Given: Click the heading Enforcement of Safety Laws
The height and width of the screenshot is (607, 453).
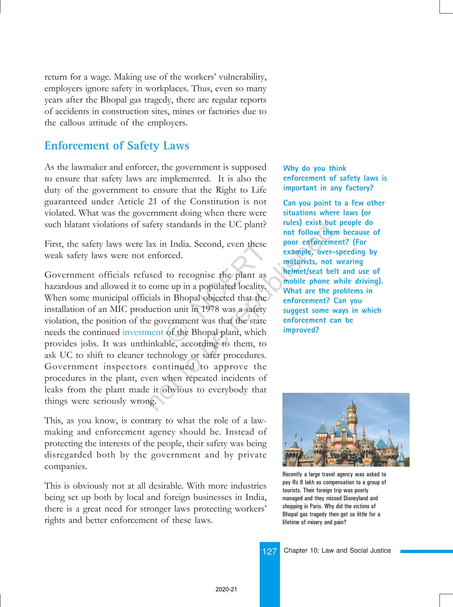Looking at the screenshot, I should (117, 146).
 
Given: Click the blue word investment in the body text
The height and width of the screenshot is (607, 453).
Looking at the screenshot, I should (143, 332).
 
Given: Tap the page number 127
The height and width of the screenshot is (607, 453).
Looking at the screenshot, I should (269, 552).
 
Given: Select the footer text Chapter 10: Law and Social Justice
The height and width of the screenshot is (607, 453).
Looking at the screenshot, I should (337, 551).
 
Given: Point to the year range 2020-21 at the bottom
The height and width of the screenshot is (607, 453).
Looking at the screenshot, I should (226, 589).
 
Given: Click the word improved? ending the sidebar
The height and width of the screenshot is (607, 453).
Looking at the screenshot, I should (301, 330).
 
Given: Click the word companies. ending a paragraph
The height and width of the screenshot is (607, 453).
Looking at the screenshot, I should (66, 467).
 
